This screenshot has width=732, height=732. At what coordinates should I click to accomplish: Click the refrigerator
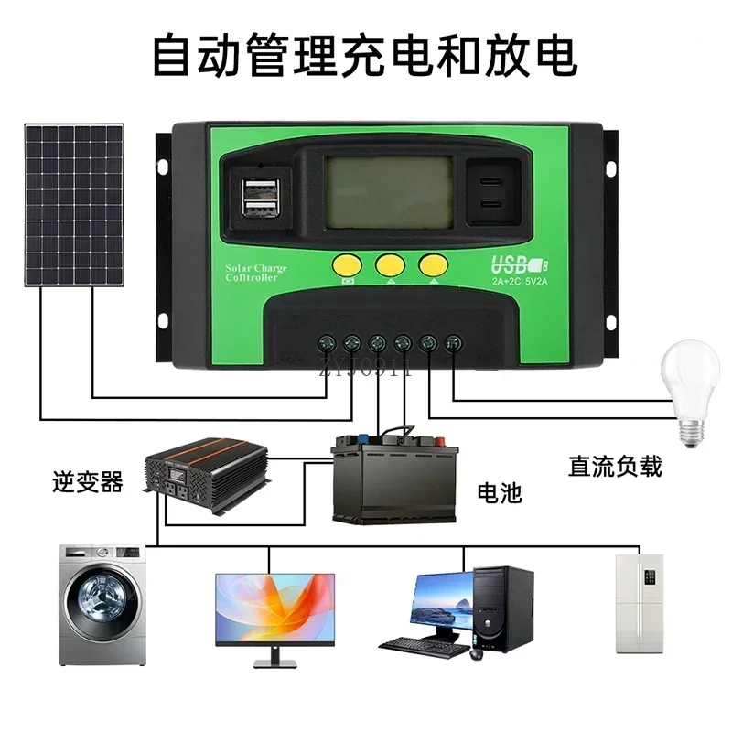pos(638,602)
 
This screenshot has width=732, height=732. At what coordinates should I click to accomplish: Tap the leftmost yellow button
pos(347,264)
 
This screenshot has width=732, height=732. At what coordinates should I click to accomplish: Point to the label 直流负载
pos(615,467)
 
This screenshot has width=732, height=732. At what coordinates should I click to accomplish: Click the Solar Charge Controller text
pos(255,272)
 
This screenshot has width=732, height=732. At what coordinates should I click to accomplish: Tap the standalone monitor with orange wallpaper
pos(274,608)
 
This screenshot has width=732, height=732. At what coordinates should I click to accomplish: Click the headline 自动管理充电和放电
pos(365,55)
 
